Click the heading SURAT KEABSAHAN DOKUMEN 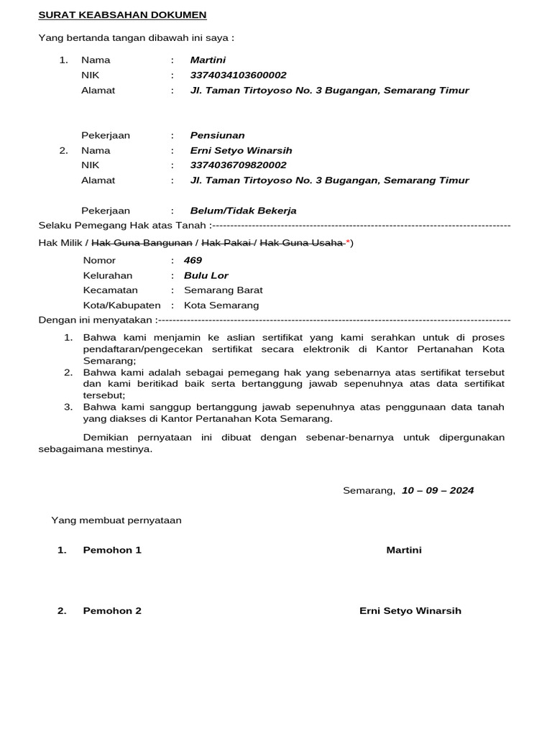pyautogui.click(x=122, y=14)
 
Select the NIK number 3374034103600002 pyautogui.click(x=238, y=75)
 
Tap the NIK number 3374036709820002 pyautogui.click(x=238, y=165)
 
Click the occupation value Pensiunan pyautogui.click(x=217, y=135)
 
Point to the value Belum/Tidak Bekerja pyautogui.click(x=243, y=211)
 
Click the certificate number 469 pyautogui.click(x=193, y=260)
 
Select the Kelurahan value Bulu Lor pyautogui.click(x=206, y=275)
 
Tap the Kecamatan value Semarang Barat pyautogui.click(x=223, y=290)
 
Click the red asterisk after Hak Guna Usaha pyautogui.click(x=348, y=243)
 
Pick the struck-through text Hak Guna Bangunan pyautogui.click(x=142, y=243)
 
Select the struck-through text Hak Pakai pyautogui.click(x=225, y=243)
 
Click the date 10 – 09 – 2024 pyautogui.click(x=437, y=491)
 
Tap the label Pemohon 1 pyautogui.click(x=112, y=550)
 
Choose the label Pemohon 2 pyautogui.click(x=112, y=611)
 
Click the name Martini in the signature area pyautogui.click(x=404, y=550)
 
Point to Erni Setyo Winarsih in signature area pyautogui.click(x=410, y=611)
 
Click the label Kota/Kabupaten pyautogui.click(x=121, y=305)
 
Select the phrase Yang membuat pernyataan pyautogui.click(x=116, y=520)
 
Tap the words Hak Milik pyautogui.click(x=60, y=243)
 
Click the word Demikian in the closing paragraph pyautogui.click(x=106, y=437)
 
